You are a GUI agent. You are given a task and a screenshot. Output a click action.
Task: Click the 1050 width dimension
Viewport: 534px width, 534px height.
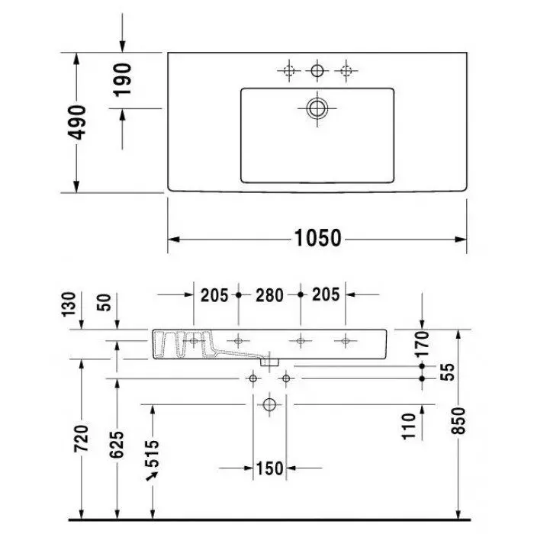317,239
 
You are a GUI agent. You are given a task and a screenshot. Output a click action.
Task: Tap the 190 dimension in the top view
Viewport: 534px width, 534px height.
123,79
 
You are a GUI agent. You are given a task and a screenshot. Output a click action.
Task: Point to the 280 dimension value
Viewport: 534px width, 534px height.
269,294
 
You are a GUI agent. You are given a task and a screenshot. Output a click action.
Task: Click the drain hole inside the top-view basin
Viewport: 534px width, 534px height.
316,108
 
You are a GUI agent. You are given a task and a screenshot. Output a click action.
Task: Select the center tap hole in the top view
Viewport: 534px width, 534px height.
316,71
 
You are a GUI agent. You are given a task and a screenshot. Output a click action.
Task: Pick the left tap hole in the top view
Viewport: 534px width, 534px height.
288,71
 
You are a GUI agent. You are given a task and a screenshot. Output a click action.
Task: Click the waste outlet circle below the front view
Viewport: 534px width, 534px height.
269,404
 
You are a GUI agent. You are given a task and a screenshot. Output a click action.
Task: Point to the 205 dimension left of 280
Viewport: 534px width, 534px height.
214,294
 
